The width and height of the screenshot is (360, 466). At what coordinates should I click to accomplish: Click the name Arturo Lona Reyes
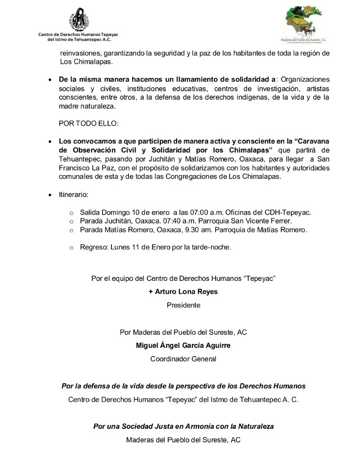tap(183, 292)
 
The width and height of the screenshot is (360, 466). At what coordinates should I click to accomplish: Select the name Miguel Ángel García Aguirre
tap(183, 345)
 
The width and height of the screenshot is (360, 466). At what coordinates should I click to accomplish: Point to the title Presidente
tap(183, 305)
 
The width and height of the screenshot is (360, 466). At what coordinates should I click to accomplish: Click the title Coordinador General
tap(183, 359)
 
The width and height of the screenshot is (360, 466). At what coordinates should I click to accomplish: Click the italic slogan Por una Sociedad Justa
tap(183, 426)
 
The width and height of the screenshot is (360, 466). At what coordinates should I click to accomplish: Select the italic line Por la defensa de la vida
tap(183, 386)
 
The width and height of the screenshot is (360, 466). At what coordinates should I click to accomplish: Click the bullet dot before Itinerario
tap(51, 195)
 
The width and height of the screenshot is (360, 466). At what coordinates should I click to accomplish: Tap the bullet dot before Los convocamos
tap(51, 141)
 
